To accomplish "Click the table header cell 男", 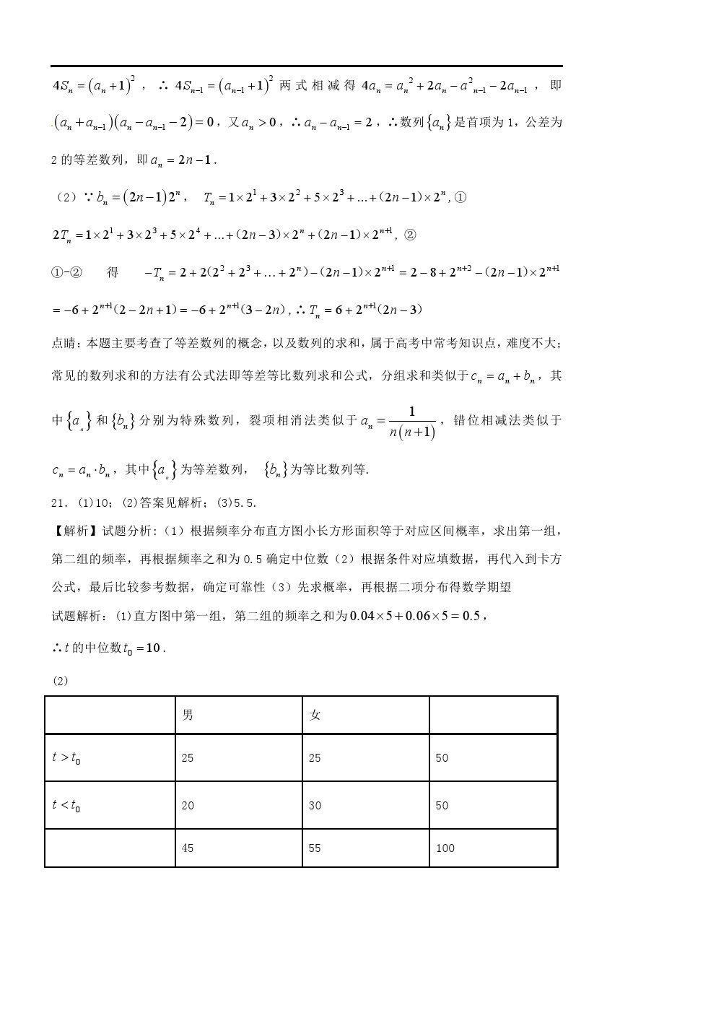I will [x=188, y=715].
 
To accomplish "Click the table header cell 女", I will [x=315, y=715].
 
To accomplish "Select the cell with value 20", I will [x=188, y=805].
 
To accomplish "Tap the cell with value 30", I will [x=315, y=805].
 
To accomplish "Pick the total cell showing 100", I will [x=445, y=848].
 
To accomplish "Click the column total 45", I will [x=188, y=848].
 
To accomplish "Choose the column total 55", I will [x=315, y=848].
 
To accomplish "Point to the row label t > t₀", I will [x=66, y=758].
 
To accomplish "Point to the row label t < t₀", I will [x=66, y=805].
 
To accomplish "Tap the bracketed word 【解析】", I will [x=76, y=531].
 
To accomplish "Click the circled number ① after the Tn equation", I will [x=460, y=198].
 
